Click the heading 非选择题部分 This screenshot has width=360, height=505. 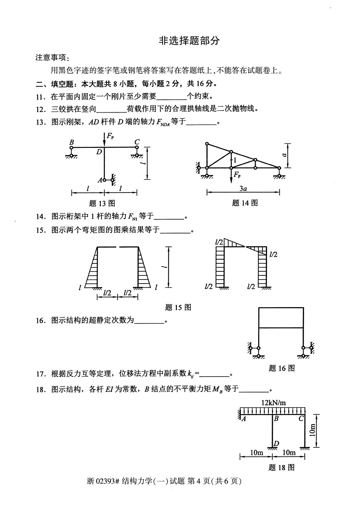click(189, 41)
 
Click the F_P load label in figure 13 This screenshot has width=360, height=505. click(110, 136)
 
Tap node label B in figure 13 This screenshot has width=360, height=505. click(71, 142)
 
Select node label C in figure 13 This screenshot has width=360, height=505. click(137, 142)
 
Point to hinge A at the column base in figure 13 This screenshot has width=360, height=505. click(104, 180)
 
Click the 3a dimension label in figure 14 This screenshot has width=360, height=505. click(243, 189)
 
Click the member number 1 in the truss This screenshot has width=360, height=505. click(235, 160)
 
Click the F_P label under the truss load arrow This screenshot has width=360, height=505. click(237, 174)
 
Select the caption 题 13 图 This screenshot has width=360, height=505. click(102, 203)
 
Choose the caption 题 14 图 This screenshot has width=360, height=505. click(245, 203)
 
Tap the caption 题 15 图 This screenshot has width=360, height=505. click(178, 307)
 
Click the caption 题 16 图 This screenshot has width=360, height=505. click(281, 368)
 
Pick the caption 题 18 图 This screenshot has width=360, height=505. click(281, 467)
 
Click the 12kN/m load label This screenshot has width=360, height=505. click(273, 403)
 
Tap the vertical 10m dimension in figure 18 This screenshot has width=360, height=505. click(312, 430)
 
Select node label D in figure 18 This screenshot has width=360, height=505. click(276, 443)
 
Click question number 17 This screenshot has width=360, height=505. click(40, 374)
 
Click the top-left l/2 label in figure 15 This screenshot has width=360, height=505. click(219, 242)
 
